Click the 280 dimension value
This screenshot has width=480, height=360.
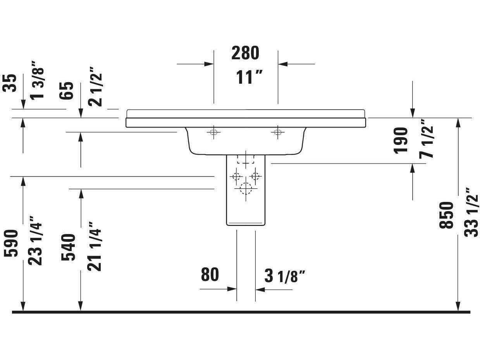245,53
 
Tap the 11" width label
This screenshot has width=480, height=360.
249,78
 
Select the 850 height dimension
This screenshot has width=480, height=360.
446,215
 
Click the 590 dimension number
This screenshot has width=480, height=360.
11,243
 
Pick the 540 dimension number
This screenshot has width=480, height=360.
69,247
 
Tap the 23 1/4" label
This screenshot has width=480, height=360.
36,243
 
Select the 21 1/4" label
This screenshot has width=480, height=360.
94,246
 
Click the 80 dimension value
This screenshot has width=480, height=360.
210,275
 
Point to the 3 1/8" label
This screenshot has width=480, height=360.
285,276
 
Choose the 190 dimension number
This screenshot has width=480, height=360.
401,140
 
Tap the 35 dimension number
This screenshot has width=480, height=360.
10,83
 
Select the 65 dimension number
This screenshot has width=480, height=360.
67,91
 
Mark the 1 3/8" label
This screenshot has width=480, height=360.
37,80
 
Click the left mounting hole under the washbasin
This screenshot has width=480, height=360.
213,132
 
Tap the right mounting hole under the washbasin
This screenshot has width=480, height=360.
277,132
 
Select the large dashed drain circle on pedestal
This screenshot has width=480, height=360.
246,189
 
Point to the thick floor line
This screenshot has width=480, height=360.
240,312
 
